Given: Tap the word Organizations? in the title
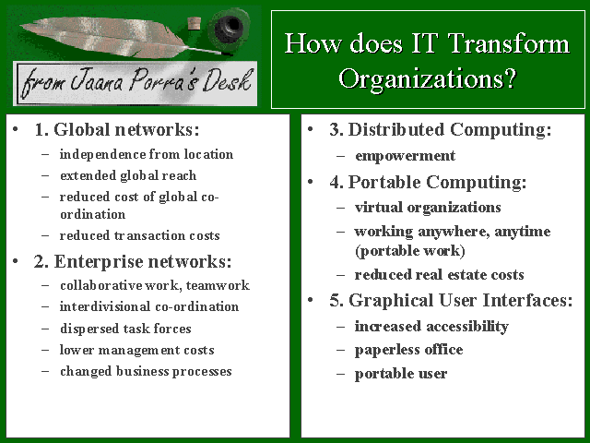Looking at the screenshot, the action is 428,79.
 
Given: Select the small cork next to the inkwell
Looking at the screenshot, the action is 195,23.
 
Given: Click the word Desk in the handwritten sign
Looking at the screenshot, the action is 228,80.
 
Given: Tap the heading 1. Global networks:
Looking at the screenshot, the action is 117,129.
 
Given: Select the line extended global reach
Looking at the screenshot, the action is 128,176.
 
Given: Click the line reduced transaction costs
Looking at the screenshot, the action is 139,236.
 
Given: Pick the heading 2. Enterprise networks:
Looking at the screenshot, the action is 133,261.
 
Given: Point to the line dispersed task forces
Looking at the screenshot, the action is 125,329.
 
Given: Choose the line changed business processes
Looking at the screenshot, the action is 146,371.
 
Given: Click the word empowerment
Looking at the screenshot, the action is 405,156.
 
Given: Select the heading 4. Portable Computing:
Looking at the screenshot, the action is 428,183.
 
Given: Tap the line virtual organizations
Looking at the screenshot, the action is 428,208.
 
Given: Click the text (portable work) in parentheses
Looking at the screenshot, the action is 410,251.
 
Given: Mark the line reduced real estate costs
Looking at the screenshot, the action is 439,275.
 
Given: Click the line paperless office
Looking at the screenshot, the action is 408,350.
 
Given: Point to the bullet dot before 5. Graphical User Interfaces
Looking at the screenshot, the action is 311,300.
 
